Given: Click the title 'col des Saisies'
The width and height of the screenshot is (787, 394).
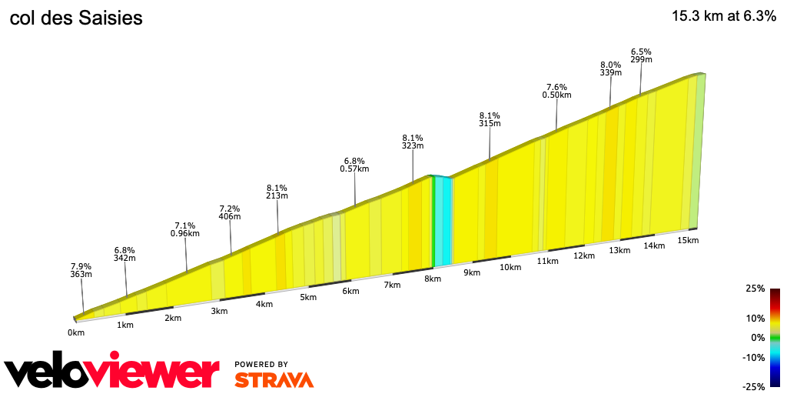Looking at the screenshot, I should coord(76,18).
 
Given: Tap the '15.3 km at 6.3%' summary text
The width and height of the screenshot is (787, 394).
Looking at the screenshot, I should coord(723,16).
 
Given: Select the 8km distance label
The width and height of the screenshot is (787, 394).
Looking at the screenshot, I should coord(433,279).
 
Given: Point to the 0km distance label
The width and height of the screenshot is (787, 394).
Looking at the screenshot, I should coord(75,332).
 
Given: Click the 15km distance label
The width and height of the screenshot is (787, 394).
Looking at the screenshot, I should coord(688,240).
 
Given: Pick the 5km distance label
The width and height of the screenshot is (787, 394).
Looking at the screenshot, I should coord(308,297).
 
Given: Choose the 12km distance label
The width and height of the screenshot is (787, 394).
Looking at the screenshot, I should coord(584,255).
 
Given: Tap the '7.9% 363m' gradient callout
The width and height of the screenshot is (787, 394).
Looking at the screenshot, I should coord(81,269).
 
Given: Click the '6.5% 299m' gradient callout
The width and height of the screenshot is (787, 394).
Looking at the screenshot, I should coord(641,55).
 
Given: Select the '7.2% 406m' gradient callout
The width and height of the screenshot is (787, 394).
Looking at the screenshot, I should coord(230,212).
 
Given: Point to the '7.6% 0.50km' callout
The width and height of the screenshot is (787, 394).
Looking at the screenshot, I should coord(556,91).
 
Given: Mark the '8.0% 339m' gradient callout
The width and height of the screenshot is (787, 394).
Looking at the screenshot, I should coord(610,68).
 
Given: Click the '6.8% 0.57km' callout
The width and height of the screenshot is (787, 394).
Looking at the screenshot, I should coord(354,164).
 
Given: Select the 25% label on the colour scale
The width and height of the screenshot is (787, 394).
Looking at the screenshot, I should coord(755,289).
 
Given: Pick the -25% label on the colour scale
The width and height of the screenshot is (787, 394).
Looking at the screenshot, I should coord(754,386).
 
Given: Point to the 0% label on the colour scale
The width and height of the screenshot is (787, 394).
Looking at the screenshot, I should coord(758,337).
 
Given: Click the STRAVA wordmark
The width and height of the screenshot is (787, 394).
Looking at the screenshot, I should coord(274,379).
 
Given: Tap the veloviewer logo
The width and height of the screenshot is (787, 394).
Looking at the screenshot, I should coord(111,372).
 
